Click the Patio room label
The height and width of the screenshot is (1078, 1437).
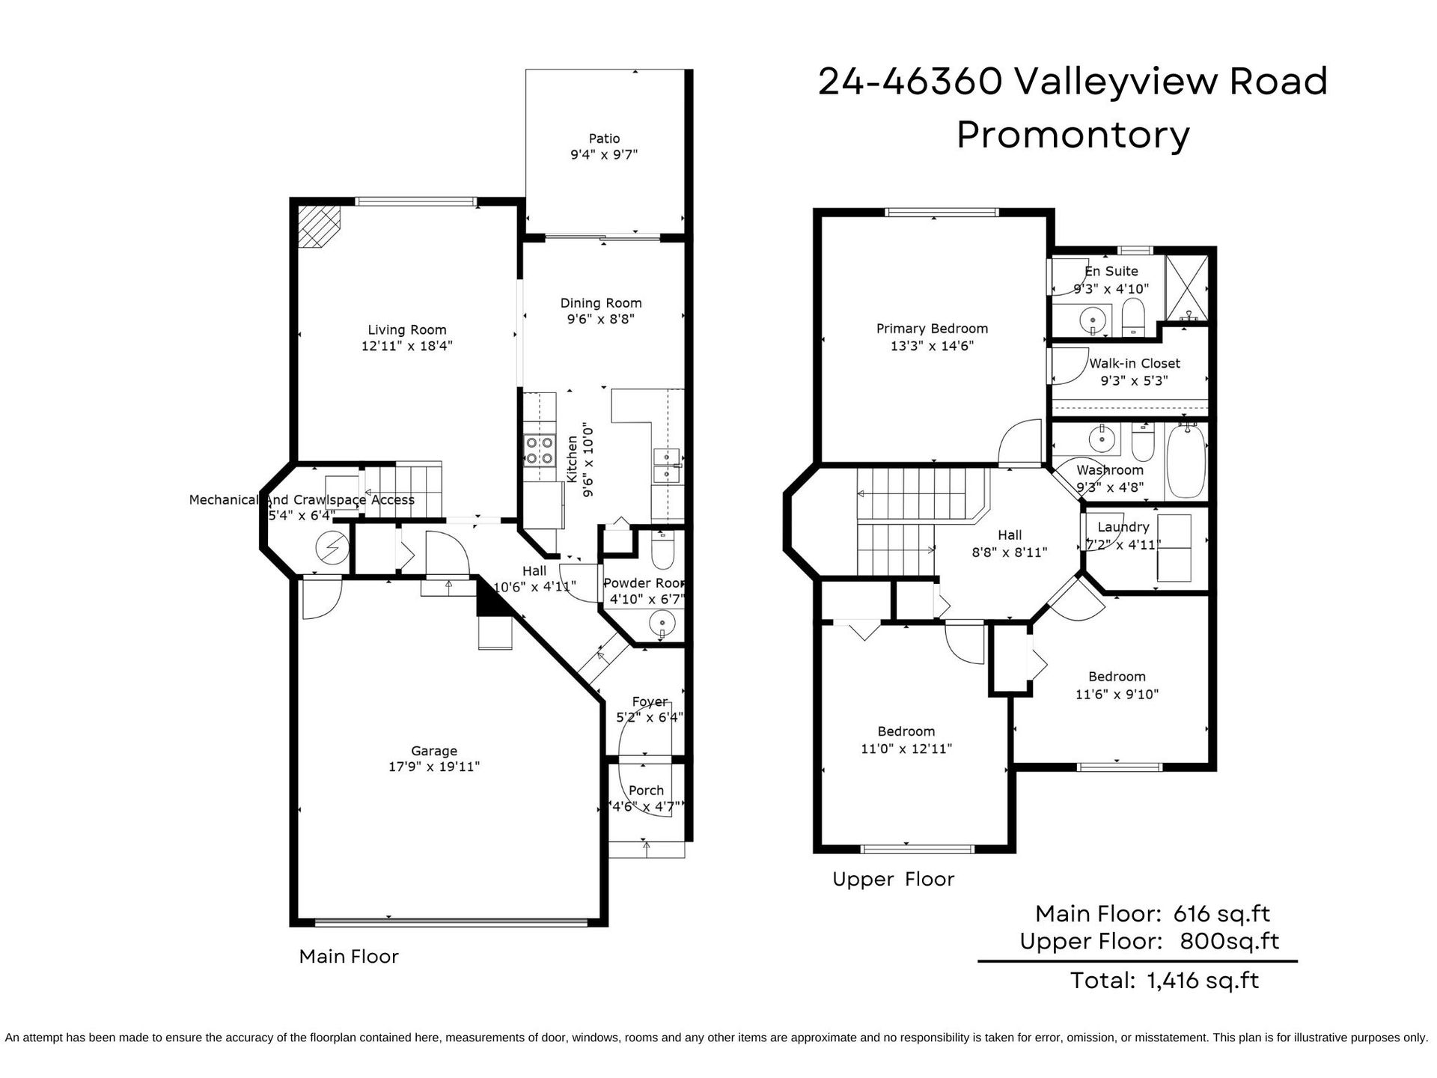[x=604, y=138]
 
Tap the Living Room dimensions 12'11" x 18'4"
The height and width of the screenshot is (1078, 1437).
[x=407, y=346]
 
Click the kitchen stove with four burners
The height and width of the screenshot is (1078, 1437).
[x=539, y=450]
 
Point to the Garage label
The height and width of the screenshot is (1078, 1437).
[x=434, y=751]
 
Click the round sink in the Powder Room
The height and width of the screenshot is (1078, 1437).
[x=662, y=623]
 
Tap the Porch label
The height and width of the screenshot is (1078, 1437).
[x=646, y=791]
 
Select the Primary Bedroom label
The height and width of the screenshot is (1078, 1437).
[x=932, y=329]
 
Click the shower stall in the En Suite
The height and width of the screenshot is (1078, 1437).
[x=1187, y=289]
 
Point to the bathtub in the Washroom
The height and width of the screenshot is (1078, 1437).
[x=1186, y=460]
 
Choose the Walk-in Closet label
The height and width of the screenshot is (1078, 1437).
[x=1135, y=363]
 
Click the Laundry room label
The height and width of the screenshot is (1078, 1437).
[x=1123, y=527]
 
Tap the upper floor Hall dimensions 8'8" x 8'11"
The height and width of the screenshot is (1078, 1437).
[x=1010, y=552]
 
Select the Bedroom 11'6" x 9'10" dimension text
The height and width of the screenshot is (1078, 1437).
[x=1117, y=694]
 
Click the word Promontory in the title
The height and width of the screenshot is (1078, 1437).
[x=1073, y=135]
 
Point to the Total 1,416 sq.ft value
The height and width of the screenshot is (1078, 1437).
[x=1203, y=980]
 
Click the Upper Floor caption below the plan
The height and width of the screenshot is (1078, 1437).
[x=894, y=879]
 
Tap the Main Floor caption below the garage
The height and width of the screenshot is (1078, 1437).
[x=349, y=956]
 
